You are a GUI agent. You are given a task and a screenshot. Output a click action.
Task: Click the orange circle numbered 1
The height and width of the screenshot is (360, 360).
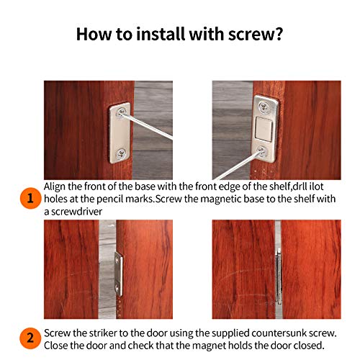pos(30,198)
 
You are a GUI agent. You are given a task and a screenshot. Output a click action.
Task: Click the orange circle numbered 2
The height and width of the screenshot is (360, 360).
pos(30,338)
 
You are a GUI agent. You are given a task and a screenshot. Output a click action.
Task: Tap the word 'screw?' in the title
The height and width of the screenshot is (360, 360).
pos(256,35)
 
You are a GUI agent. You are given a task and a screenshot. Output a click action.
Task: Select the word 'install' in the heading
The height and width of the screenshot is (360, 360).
pos(161,34)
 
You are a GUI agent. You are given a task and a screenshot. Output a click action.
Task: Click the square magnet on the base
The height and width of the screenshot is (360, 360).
pos(263,129)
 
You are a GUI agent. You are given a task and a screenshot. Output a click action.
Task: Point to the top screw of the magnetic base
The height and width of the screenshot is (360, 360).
pos(264,106)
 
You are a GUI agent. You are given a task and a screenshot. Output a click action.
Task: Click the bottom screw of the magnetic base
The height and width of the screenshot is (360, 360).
pos(262,151)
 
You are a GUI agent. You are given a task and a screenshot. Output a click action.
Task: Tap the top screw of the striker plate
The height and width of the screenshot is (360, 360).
pos(122,112)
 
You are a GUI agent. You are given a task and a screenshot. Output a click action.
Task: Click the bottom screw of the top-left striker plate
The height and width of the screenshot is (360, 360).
pos(120,153)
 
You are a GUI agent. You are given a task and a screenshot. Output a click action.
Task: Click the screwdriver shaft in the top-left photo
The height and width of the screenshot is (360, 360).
pos(147,125)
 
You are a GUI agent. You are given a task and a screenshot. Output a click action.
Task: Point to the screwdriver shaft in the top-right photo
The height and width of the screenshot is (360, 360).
pos(238,166)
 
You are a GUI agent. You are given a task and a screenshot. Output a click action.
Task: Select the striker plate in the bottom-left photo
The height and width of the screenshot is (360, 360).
pos(119,274)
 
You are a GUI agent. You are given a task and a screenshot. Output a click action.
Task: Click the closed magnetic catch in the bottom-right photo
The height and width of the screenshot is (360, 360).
pos(279,276)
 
